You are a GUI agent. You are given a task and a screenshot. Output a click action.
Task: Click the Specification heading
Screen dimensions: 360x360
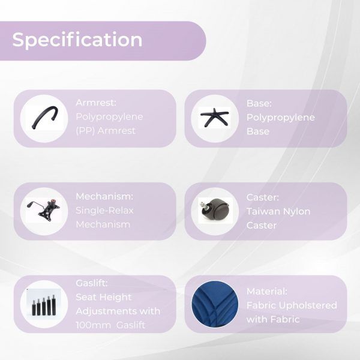coord(77,40)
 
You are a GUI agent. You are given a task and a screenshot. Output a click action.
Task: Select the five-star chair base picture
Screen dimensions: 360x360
coord(214,118)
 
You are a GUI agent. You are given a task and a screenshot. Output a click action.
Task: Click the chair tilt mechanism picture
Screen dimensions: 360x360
coord(44,208)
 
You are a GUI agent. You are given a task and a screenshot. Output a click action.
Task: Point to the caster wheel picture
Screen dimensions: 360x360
coord(214,209)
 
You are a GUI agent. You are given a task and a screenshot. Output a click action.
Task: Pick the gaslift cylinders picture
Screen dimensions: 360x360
coord(44,305)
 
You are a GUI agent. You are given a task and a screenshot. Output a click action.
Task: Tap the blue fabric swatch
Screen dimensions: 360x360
coord(215,304)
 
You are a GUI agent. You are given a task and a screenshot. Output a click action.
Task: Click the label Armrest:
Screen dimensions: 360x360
coord(96,103)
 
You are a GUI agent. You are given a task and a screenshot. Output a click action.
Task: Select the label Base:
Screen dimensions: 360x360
coord(259,103)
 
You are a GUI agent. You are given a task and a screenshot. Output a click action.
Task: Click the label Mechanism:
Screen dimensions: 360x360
coord(104,197)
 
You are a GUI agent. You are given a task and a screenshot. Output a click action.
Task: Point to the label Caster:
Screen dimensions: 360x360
coord(263,197)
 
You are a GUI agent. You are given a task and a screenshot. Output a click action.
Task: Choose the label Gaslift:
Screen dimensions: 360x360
coord(92,283)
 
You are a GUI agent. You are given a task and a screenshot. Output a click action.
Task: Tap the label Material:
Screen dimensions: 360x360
coord(267,292)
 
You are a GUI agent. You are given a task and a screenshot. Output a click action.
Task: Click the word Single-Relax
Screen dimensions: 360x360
coord(104,211)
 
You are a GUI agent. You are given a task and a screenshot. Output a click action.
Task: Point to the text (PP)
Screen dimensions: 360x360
coord(85,131)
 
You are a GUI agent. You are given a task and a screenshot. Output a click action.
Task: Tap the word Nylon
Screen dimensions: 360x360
coord(296,212)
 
